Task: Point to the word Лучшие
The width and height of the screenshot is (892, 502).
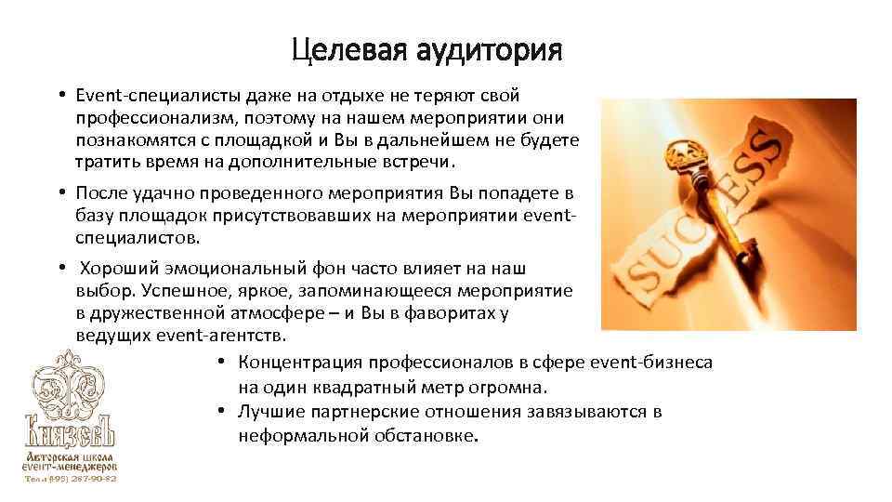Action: [268, 411]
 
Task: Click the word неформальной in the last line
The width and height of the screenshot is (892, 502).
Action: [295, 434]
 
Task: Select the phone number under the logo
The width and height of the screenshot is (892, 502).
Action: [72, 479]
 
